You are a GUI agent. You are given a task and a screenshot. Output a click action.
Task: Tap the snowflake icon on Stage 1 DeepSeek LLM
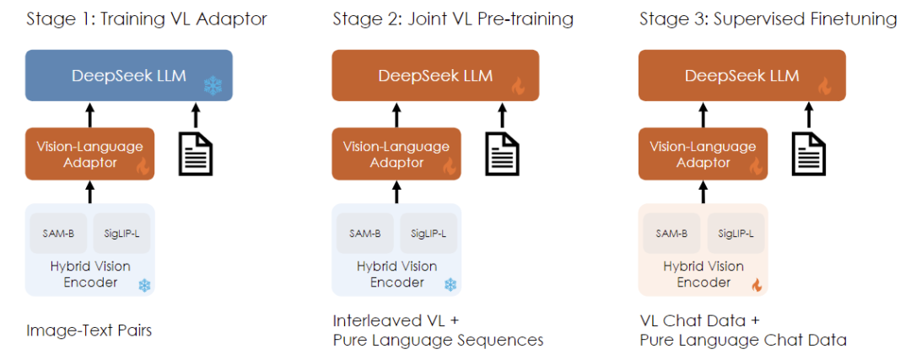pos(213,85)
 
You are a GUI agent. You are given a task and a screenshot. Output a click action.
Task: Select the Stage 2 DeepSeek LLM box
pos(434,76)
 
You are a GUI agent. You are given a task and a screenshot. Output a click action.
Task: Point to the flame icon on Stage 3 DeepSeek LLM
pos(826,86)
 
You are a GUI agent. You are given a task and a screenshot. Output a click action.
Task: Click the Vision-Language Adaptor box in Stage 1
pos(89,153)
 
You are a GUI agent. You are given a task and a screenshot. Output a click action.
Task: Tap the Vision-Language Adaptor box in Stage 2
pos(396,153)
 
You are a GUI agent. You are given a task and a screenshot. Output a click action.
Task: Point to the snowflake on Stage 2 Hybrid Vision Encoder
pos(450,285)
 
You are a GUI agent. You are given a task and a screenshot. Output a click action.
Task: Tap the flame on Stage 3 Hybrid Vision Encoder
pos(757,285)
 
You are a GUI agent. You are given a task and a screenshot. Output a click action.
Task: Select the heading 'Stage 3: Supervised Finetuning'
pos(768,19)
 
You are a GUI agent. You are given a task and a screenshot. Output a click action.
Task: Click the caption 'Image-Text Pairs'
pos(89,330)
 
